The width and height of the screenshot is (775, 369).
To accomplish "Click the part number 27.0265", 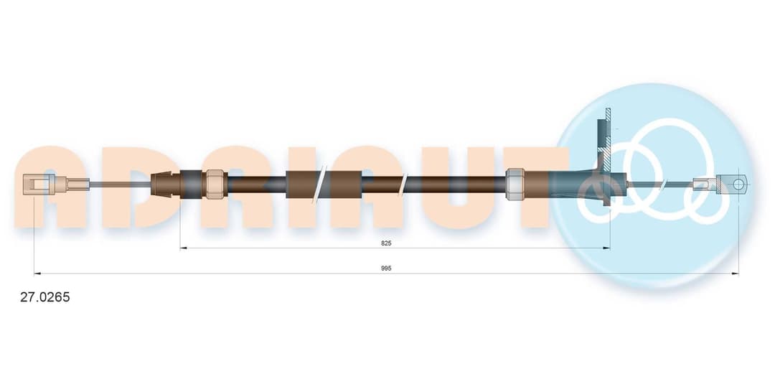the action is pos(45,297).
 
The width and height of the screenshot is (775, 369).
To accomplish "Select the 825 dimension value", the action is pos(386,243).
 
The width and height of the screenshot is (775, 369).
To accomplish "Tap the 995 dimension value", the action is pos(386,268).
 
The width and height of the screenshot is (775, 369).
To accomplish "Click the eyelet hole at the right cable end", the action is pos(738,185).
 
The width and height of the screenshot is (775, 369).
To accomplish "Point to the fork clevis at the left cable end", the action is pos(39,184).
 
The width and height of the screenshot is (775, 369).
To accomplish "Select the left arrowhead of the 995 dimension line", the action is pos(37,273).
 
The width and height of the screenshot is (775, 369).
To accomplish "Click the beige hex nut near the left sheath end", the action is pos(215,184).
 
